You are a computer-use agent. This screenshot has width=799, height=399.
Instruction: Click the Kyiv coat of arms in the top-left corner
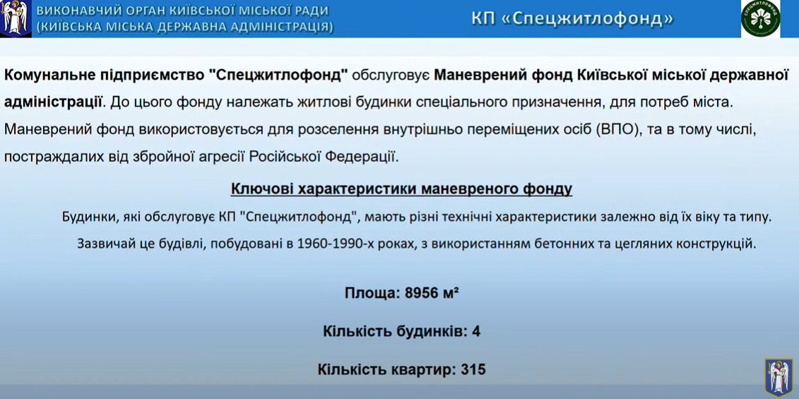16,19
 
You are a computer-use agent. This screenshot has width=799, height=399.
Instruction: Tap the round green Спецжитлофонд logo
761,18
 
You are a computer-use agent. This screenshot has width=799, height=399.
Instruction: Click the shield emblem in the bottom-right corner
778,376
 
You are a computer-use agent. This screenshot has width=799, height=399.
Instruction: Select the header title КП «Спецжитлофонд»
572,18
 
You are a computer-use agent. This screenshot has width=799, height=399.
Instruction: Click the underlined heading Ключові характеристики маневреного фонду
401,189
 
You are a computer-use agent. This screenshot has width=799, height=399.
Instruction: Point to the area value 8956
422,293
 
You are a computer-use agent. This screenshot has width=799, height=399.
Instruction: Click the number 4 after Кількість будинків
476,331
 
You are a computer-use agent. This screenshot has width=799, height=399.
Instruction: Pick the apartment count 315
473,369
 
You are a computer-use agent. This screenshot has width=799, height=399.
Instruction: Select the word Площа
369,293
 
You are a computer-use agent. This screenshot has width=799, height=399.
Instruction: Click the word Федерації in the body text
368,156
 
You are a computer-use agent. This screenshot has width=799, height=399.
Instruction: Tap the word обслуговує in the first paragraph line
391,75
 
